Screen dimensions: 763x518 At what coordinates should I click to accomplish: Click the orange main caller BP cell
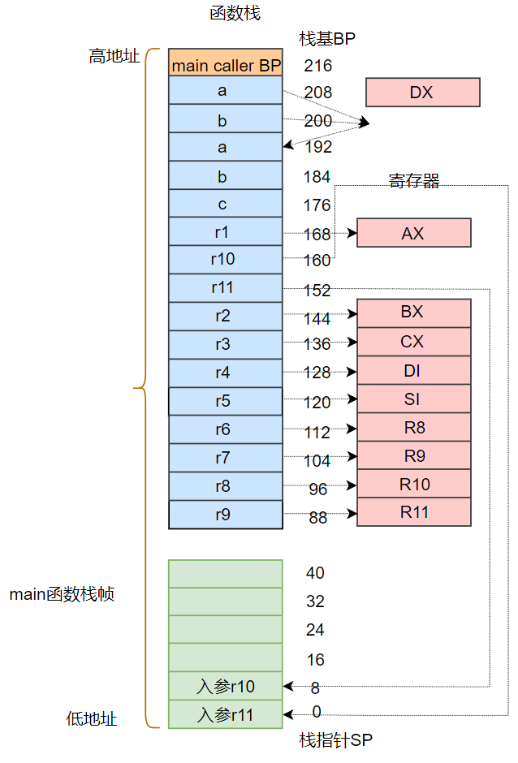click(226, 63)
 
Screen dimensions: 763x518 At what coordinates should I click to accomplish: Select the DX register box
click(422, 93)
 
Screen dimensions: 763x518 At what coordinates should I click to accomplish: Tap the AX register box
click(413, 233)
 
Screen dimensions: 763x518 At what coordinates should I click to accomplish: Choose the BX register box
click(413, 313)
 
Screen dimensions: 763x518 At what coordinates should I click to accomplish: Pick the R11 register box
click(413, 512)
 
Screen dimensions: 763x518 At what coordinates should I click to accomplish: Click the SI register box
click(413, 399)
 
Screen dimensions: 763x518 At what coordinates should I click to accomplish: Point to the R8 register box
click(413, 427)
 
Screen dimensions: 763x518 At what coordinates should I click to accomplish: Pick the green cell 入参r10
click(226, 687)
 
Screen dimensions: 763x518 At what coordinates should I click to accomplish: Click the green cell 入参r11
click(226, 715)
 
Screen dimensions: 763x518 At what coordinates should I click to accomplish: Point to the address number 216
click(317, 66)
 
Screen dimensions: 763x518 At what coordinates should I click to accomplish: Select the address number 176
click(317, 205)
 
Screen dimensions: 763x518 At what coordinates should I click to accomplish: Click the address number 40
click(315, 573)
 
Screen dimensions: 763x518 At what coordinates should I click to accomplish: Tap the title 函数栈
click(235, 14)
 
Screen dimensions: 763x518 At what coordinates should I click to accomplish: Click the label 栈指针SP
click(335, 740)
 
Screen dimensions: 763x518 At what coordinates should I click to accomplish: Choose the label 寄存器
click(414, 182)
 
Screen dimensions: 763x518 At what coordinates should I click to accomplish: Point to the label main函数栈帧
click(62, 594)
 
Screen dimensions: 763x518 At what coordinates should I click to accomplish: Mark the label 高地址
click(114, 57)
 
